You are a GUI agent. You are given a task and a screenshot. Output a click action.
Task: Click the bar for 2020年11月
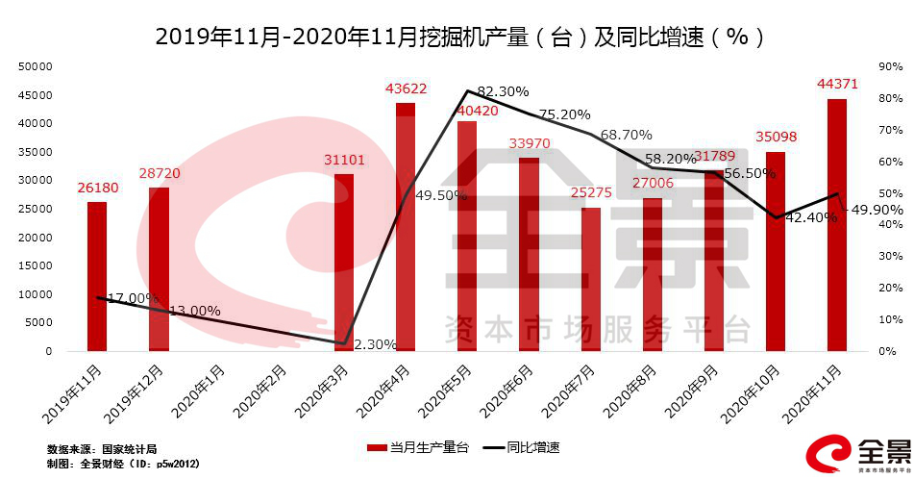836,225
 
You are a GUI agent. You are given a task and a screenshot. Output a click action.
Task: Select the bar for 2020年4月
406,227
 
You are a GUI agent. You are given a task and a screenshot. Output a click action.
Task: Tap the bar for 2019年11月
97,276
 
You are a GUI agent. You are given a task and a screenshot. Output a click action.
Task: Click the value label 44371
837,86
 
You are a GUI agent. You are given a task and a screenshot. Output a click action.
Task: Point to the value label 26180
97,189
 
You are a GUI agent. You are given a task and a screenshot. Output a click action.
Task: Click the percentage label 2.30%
370,344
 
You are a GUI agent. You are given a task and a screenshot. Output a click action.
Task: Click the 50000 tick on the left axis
36,66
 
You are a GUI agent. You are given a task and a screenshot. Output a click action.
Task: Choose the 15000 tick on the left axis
36,265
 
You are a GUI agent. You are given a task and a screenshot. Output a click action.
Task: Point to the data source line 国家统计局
101,448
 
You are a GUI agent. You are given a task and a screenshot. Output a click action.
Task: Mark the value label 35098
776,138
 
